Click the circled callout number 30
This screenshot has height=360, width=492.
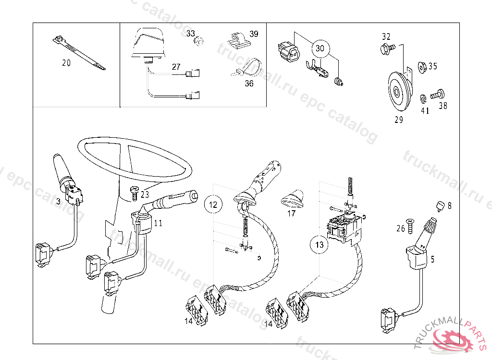(x=320, y=48)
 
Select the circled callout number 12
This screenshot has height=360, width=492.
(x=214, y=204)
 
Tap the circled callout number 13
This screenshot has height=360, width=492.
(x=320, y=245)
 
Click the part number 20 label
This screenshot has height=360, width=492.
(x=66, y=63)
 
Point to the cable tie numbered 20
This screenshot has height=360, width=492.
(x=79, y=50)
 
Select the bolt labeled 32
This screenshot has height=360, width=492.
(x=387, y=48)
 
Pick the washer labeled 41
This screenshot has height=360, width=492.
(x=423, y=99)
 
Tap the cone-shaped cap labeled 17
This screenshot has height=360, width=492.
(x=293, y=197)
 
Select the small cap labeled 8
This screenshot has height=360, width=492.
(x=439, y=205)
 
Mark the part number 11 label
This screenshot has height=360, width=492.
(x=158, y=223)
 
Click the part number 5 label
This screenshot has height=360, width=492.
(x=432, y=260)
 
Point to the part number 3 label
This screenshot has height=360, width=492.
(x=58, y=202)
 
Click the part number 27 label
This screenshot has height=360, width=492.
(x=176, y=67)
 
